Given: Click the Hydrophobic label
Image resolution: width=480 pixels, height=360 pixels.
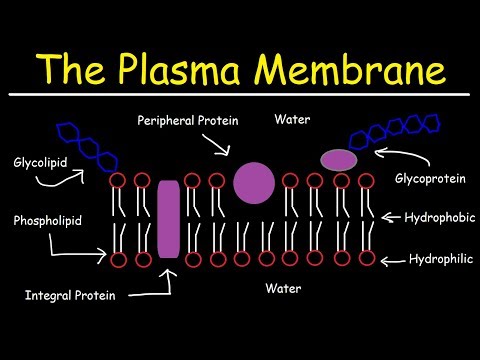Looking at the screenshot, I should (x=434, y=216).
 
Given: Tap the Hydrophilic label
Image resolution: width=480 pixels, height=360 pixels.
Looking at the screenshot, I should (x=436, y=258).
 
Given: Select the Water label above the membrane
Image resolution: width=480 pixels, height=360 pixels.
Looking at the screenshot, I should (x=292, y=119).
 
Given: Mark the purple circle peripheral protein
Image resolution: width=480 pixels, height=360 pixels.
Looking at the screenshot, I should (x=253, y=181).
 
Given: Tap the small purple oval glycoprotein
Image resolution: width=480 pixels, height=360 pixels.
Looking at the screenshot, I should (x=339, y=160).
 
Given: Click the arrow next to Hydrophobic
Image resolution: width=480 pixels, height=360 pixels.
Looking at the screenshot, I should (x=392, y=217).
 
